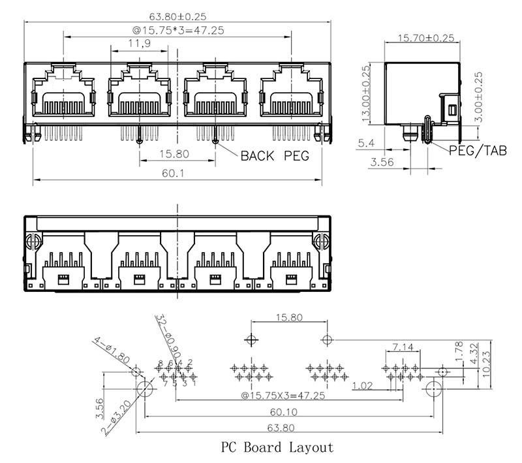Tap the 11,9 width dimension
[136, 44]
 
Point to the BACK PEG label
[274, 156]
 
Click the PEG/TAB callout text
[478, 150]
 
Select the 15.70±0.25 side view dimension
[426, 38]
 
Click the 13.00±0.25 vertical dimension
[366, 95]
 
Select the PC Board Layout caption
[277, 447]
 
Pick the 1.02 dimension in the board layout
[363, 386]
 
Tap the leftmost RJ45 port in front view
[62, 93]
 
